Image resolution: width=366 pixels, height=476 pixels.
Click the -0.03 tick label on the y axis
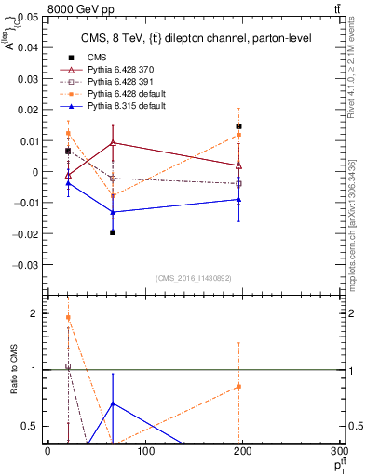(x=28, y=264)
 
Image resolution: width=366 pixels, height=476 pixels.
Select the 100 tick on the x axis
(x=145, y=453)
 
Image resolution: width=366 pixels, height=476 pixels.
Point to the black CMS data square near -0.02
(x=113, y=232)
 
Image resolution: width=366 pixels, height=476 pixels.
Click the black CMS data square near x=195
(x=239, y=126)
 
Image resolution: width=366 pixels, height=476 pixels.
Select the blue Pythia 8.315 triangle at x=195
(x=239, y=199)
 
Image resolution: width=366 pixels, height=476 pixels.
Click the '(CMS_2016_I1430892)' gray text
(x=193, y=277)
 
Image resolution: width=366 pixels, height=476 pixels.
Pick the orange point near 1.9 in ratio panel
(x=68, y=318)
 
